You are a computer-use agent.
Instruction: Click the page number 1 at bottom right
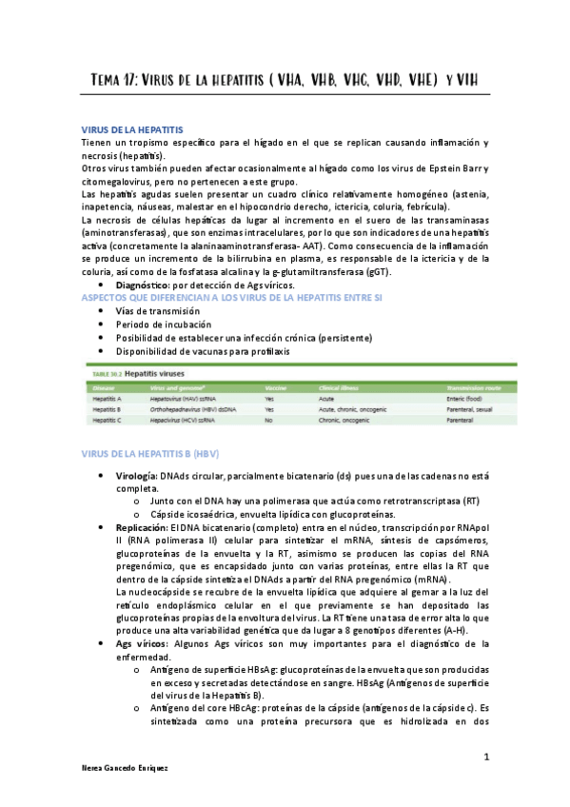(x=485, y=757)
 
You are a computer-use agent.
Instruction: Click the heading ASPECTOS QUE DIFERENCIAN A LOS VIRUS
(x=226, y=298)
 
